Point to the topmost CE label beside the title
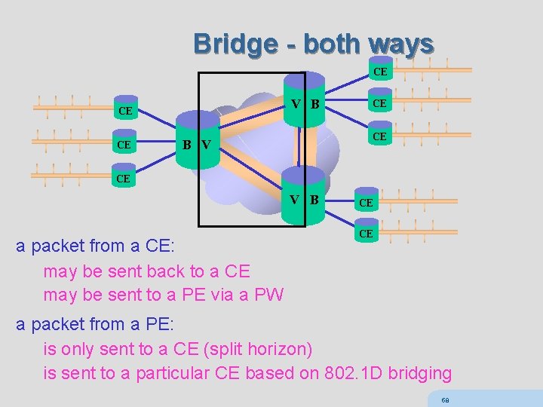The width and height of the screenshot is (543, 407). click(380, 72)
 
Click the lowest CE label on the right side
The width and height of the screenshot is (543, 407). click(366, 234)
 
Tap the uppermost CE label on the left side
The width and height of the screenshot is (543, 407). click(125, 112)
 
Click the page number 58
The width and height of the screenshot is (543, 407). click(446, 399)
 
